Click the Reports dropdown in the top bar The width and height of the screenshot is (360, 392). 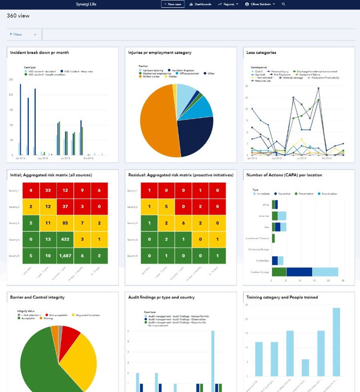[x=229, y=4]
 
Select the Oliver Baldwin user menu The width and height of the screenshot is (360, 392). [x=260, y=4]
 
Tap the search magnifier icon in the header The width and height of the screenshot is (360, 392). [x=284, y=4]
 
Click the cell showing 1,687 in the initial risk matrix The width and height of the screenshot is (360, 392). [x=65, y=255]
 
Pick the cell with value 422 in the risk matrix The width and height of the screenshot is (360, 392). [x=65, y=239]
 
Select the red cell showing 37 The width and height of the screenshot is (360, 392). [x=65, y=207]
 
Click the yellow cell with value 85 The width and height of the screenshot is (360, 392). [x=65, y=223]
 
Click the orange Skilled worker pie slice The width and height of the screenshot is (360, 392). [x=156, y=120]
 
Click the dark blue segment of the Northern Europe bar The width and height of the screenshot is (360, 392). [x=299, y=272]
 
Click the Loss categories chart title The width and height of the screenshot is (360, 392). [x=261, y=53]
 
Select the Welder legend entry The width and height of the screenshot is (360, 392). [x=171, y=77]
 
